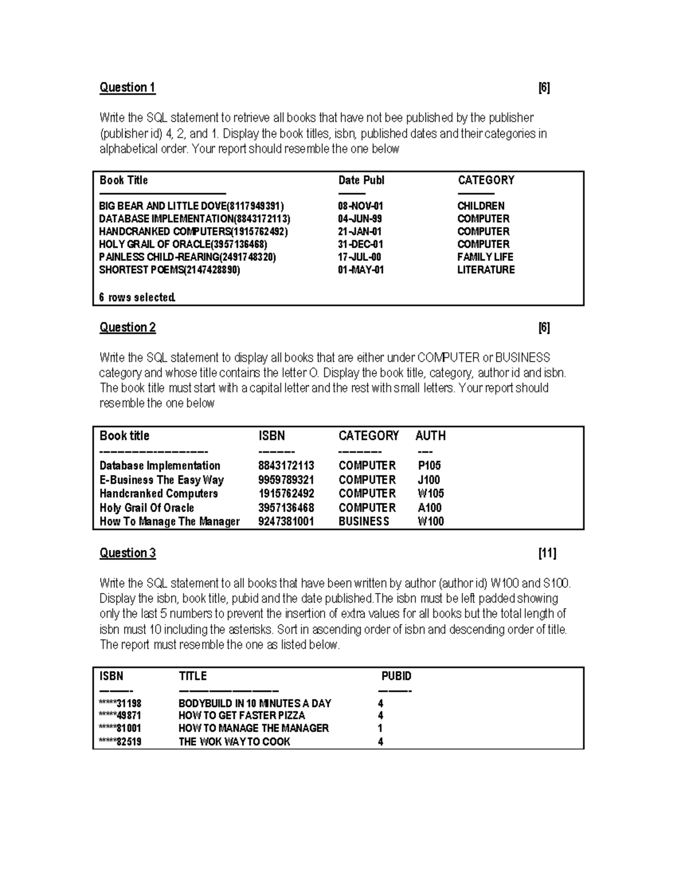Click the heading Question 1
click(128, 88)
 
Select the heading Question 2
click(128, 328)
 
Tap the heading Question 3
click(128, 553)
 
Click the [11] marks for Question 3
click(547, 553)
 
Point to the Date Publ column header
click(361, 180)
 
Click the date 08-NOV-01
click(361, 206)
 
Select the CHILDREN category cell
click(481, 206)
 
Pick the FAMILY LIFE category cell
click(485, 257)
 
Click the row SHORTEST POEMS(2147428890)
click(169, 270)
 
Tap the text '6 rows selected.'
click(137, 298)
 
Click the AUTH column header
click(430, 436)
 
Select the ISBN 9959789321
click(286, 480)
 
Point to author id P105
click(429, 466)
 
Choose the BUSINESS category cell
click(364, 522)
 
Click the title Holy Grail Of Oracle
click(147, 508)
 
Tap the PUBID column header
click(396, 676)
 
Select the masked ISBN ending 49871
click(120, 715)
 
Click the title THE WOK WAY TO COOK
click(234, 742)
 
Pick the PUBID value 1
click(380, 728)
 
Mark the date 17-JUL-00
click(359, 257)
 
